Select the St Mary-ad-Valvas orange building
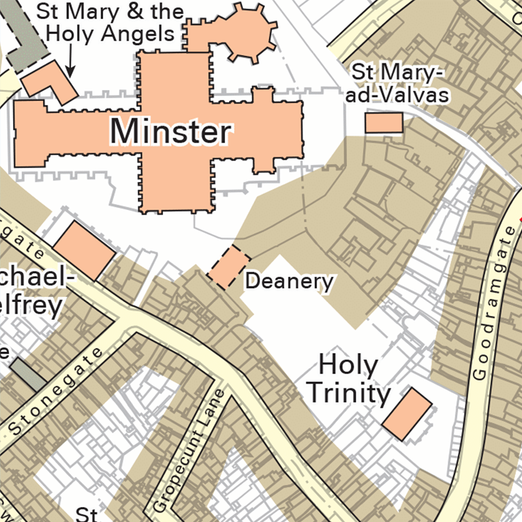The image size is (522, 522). tap(384, 123)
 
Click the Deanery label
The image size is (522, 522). tap(289, 282)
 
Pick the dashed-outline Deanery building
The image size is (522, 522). tap(228, 268)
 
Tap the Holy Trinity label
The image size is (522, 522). tap(348, 380)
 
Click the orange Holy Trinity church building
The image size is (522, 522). tap(407, 412)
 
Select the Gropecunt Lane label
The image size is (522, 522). tap(191, 450)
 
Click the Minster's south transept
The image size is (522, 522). tap(176, 189)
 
